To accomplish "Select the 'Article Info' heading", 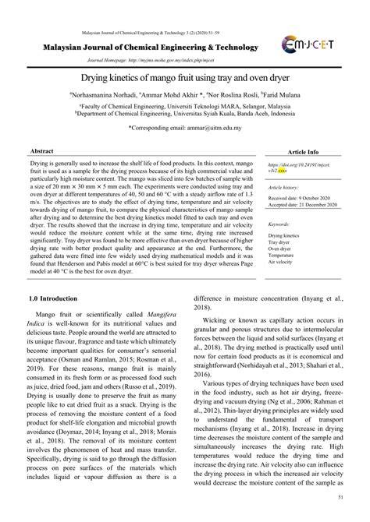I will (x=303, y=152).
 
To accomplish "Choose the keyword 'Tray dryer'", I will (x=281, y=241).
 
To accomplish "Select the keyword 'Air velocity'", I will (x=282, y=261).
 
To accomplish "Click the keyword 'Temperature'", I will (x=282, y=255).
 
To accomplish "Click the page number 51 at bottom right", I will (x=341, y=496).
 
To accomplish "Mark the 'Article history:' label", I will (x=284, y=188).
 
